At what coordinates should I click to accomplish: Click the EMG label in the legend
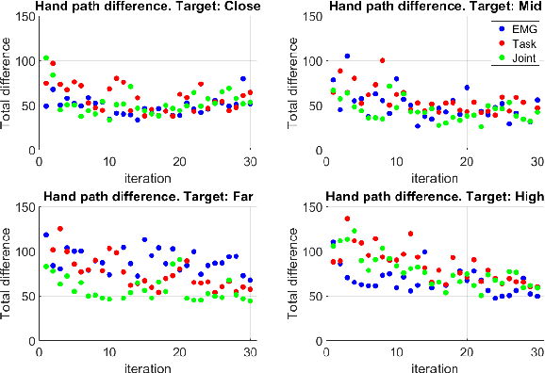pos(521,30)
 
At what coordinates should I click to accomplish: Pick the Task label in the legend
pos(521,44)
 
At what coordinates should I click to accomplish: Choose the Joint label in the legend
pos(521,58)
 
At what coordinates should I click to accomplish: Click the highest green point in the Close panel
pos(45,58)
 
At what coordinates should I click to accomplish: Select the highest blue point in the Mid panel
pos(347,57)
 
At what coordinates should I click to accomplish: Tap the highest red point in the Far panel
pos(60,229)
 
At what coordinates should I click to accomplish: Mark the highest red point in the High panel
pos(347,219)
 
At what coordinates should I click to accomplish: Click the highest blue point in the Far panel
pos(46,235)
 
